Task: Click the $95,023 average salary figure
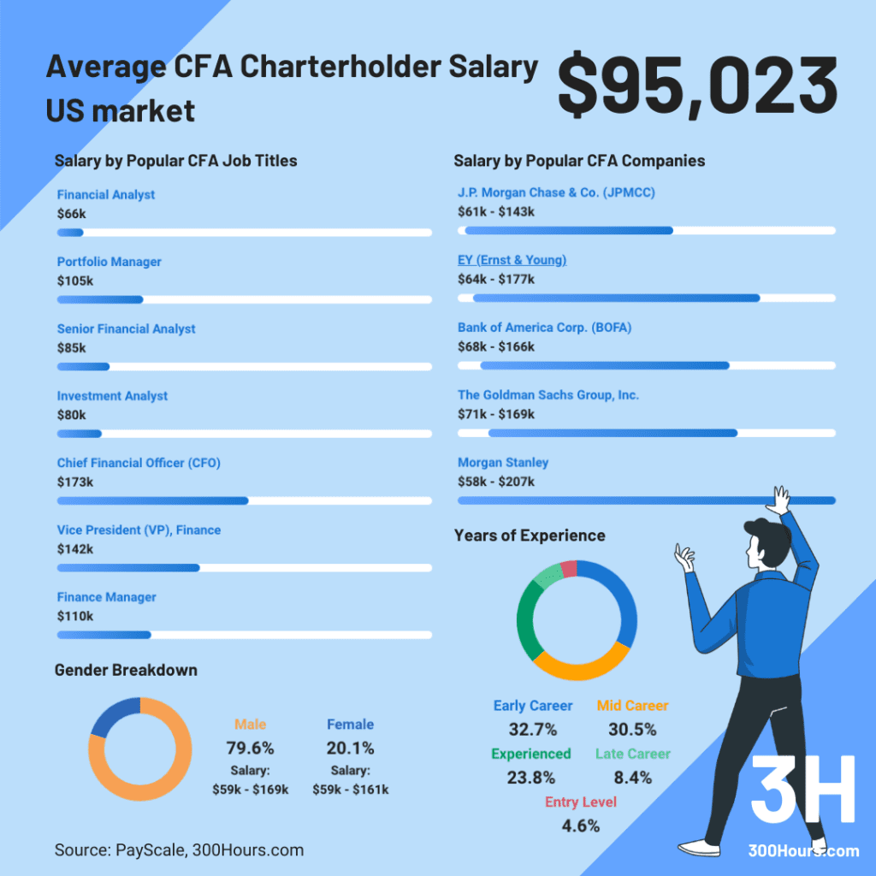(697, 86)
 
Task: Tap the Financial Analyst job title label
(106, 195)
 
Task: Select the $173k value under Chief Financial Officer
(75, 482)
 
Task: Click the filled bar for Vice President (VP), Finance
(128, 568)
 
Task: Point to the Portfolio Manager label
(109, 262)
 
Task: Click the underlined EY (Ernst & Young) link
(512, 260)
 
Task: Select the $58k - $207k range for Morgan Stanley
(496, 482)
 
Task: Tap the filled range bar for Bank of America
(604, 365)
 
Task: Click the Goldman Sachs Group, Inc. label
(547, 394)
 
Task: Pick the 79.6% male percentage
(250, 748)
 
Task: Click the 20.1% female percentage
(350, 748)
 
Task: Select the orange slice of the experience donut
(582, 663)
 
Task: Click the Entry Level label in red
(580, 802)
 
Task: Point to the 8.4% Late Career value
(632, 778)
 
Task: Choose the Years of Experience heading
(529, 536)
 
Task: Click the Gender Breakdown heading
(126, 670)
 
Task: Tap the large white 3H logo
(802, 790)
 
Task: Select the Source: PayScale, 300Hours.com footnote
(179, 850)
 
